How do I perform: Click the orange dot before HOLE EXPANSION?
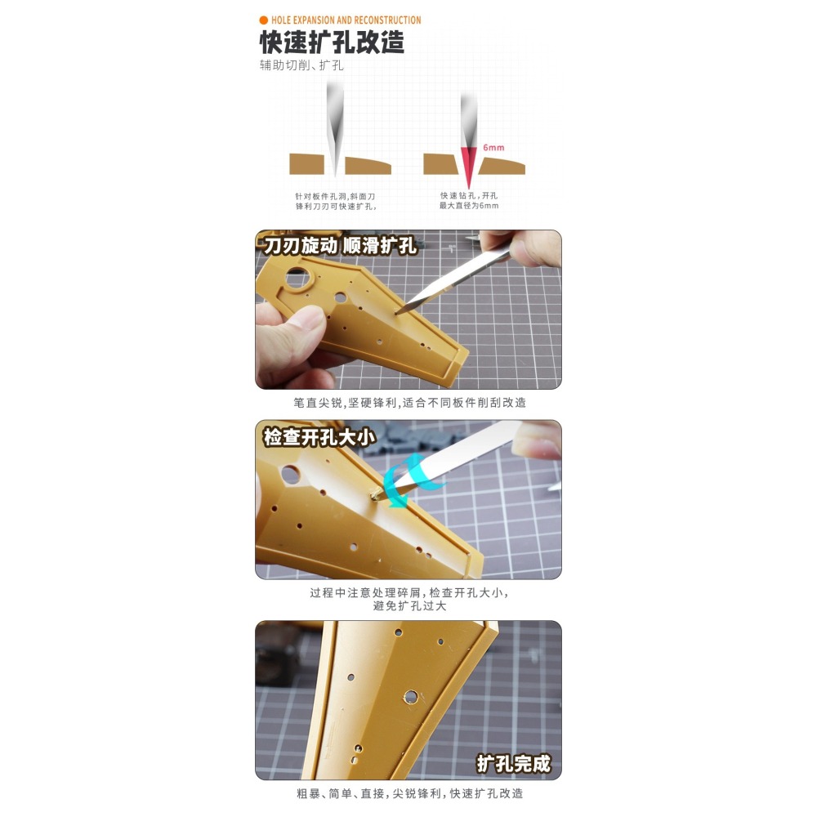coord(263,20)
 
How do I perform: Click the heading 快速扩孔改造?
coord(332,42)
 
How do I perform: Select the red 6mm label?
coord(493,149)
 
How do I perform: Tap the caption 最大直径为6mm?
coord(469,206)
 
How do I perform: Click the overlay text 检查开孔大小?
coord(319,437)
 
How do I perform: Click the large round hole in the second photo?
coord(291,473)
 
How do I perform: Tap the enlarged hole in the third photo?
coord(412,697)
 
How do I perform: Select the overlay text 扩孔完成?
coord(514,764)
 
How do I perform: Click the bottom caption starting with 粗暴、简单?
coord(408,793)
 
